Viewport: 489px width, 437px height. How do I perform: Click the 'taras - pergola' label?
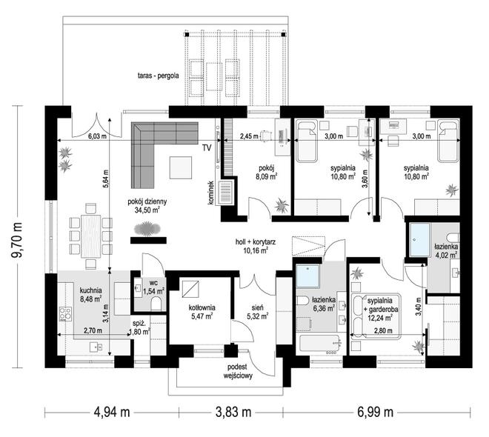pos(158,76)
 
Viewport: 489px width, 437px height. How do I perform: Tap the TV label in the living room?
pos(207,147)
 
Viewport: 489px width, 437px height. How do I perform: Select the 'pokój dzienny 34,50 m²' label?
pos(147,206)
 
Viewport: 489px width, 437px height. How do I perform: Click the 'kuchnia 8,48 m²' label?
pos(90,295)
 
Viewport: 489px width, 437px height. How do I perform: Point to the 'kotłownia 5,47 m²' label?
pos(202,312)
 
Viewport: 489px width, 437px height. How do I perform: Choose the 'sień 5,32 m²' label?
pos(257,312)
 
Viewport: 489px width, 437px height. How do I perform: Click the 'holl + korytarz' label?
pos(256,241)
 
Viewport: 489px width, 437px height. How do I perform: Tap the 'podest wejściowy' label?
pos(238,371)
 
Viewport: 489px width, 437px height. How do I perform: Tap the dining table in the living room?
pos(90,236)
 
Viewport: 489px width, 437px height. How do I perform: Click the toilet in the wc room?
pos(156,304)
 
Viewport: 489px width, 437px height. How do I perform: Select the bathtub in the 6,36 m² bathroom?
pos(319,344)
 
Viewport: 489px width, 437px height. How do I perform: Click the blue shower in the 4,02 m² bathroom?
pos(420,239)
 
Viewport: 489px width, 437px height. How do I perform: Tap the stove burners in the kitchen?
pos(65,314)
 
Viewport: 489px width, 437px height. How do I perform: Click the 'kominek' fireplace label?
pos(211,193)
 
